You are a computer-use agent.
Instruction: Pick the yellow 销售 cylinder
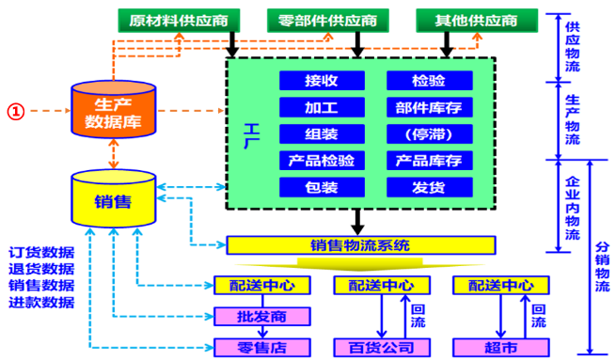point(114,199)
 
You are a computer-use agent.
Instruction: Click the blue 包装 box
point(322,186)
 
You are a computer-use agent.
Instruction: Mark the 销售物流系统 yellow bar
point(360,246)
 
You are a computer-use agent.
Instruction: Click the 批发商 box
point(248,315)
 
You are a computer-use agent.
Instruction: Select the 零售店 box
point(248,347)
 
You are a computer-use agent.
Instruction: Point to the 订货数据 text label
point(41,253)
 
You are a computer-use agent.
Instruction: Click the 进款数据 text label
point(41,302)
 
